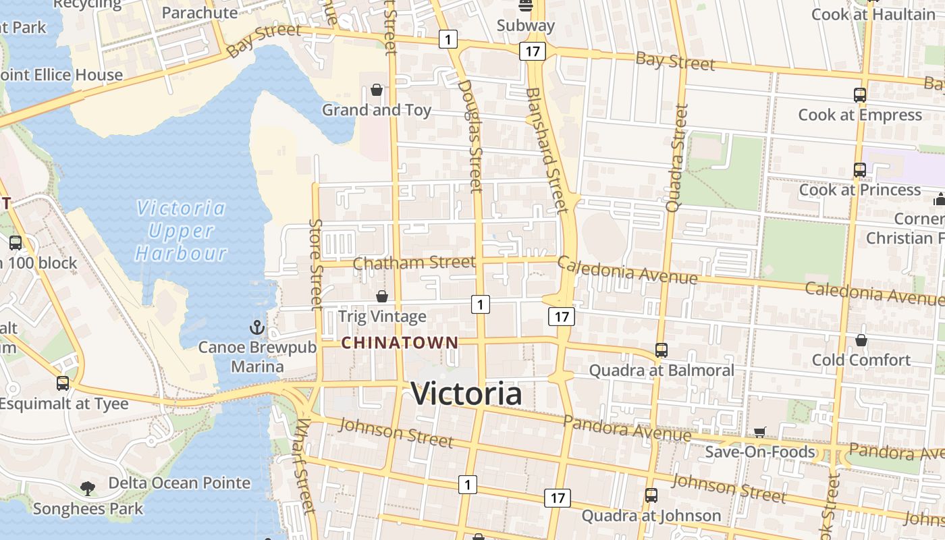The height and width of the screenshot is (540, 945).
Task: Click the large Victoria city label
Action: click(466, 394)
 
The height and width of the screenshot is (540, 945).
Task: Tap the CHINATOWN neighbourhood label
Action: click(400, 343)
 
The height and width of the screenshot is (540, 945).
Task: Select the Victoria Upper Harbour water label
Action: click(181, 231)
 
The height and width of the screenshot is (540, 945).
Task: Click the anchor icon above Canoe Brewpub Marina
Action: click(257, 328)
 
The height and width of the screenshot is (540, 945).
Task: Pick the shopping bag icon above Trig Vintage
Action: click(382, 296)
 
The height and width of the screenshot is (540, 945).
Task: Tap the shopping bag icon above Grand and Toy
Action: click(377, 90)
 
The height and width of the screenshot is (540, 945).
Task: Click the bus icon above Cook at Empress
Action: click(859, 95)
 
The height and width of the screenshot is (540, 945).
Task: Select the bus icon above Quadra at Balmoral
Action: click(661, 350)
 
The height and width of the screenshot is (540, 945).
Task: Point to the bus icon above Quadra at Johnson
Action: click(651, 495)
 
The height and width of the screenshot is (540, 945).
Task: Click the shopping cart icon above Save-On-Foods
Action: click(760, 432)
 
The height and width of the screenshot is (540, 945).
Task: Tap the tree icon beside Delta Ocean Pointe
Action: click(87, 487)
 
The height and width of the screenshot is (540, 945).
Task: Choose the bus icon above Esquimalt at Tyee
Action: click(63, 383)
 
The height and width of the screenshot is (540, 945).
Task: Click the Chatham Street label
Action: click(414, 262)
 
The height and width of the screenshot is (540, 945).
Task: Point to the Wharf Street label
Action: click(304, 466)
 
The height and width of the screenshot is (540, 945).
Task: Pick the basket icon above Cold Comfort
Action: click(861, 340)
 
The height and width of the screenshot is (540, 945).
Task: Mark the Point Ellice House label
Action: click(61, 75)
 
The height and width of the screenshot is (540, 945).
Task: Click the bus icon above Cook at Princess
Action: click(859, 170)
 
